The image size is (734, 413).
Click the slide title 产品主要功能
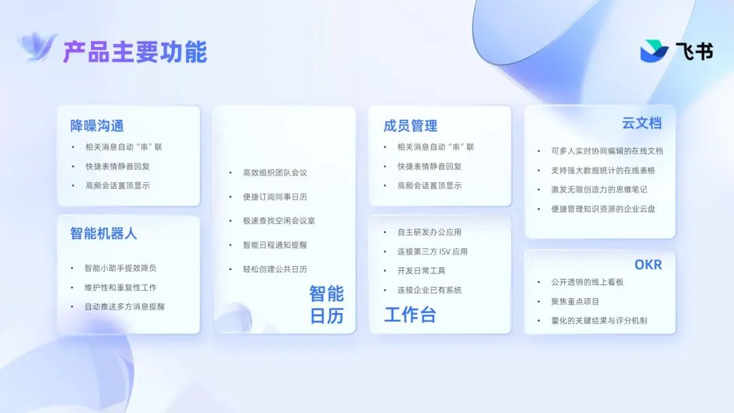tap(135, 52)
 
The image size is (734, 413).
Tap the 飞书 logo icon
tap(654, 50)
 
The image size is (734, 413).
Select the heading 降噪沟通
tap(97, 126)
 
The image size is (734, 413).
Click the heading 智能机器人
tap(103, 233)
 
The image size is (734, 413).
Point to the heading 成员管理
tap(410, 126)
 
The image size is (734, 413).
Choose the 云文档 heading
tap(642, 123)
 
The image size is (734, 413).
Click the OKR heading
tap(648, 265)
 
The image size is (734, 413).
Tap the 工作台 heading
tap(410, 314)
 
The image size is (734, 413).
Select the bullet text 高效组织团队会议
tap(275, 173)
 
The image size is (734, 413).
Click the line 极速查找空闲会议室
tap(279, 220)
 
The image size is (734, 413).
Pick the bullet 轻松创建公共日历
tap(275, 269)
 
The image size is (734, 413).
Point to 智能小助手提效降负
tap(120, 267)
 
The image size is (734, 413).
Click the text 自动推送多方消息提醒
tap(124, 307)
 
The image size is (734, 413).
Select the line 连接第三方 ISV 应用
tap(432, 252)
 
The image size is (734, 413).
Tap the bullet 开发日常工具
tap(421, 271)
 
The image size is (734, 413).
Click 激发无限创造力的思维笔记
tap(599, 189)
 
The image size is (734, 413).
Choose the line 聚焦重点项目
tap(575, 301)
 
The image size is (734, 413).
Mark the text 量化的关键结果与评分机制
tap(599, 320)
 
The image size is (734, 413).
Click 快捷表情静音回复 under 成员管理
tap(430, 167)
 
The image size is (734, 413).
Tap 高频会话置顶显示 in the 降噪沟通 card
tap(118, 186)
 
